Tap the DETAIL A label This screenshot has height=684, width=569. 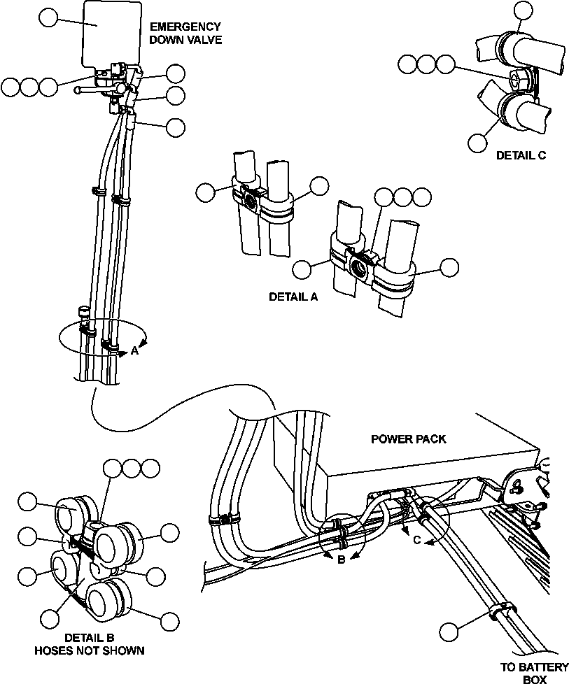(293, 297)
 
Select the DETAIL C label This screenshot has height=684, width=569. (521, 155)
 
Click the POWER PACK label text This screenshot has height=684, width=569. (408, 439)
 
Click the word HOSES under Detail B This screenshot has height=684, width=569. (55, 650)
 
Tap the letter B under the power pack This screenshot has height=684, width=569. (341, 559)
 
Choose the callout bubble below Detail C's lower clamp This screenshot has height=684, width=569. (478, 142)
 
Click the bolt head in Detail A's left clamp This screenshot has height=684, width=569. (249, 202)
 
